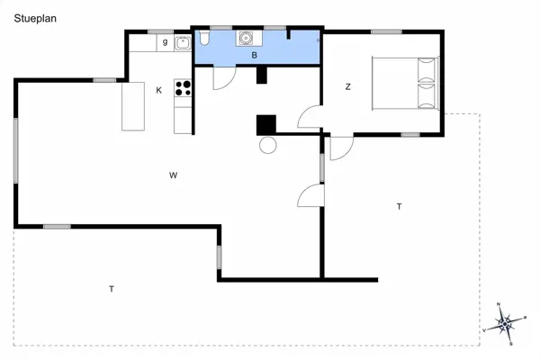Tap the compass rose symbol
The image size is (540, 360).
[x=505, y=321]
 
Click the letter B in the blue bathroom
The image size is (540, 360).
[x=255, y=55]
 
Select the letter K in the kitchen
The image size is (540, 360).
[x=159, y=90]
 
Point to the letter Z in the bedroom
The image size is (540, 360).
[x=348, y=87]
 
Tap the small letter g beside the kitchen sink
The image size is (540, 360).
[x=166, y=41]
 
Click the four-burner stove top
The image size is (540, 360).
[x=184, y=88]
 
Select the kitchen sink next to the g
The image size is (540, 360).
[x=182, y=41]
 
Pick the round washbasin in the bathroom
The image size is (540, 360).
[x=245, y=38]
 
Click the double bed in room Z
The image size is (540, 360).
[x=405, y=83]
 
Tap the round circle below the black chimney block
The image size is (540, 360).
[x=268, y=146]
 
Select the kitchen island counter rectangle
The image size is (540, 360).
[x=133, y=105]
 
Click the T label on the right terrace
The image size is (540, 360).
[x=399, y=207]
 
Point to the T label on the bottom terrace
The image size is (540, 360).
[x=112, y=289]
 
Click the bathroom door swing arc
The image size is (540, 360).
[x=223, y=79]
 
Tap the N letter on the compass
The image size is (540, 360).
[x=499, y=305]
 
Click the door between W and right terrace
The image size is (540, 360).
[x=311, y=194]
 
